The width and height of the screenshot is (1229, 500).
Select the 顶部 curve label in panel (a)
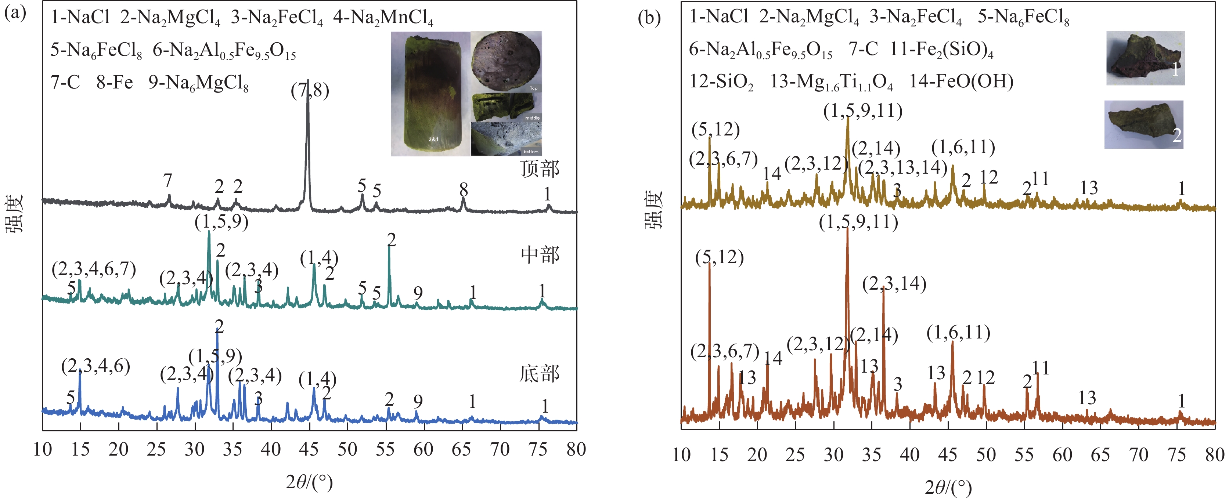(540, 169)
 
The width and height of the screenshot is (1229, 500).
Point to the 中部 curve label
(540, 255)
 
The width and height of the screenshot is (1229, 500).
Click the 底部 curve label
(539, 374)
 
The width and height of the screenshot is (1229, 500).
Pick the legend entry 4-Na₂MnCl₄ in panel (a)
(383, 18)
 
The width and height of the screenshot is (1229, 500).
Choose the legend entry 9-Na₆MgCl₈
(198, 83)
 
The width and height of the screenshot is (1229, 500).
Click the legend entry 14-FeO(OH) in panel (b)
(961, 81)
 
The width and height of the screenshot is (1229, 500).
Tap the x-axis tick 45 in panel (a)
(309, 449)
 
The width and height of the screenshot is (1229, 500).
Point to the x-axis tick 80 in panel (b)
(1214, 455)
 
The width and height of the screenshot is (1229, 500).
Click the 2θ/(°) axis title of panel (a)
(309, 482)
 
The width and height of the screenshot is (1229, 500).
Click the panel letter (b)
(649, 18)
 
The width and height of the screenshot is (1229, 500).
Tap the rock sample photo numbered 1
(1145, 58)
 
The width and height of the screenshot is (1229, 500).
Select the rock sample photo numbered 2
(1143, 124)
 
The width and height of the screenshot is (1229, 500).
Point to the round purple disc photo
(506, 61)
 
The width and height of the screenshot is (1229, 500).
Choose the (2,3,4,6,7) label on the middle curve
(94, 269)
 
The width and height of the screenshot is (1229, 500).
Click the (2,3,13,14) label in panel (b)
(902, 168)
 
